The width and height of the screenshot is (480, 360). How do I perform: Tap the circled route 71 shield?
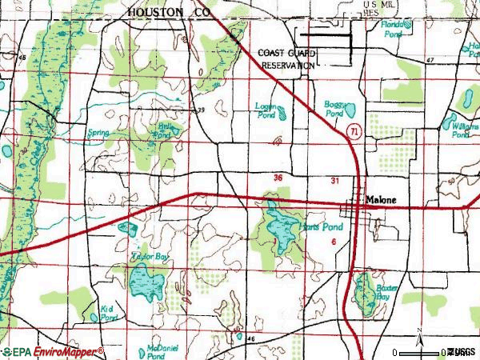tap(353, 129)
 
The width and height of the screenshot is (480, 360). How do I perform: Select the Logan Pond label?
tap(266, 111)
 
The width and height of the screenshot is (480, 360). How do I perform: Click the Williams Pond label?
tap(462, 130)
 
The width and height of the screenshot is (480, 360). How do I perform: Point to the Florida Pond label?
tap(395, 26)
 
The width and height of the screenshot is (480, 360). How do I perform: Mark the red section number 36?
tap(278, 178)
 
